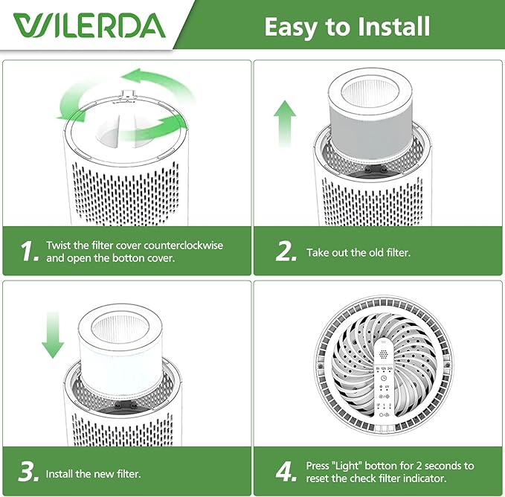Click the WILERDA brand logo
coord(89,25)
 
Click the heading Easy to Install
coord(347,27)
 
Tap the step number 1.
coord(28,251)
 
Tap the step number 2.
coord(286,251)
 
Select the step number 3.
coord(28,472)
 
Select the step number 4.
coord(286,472)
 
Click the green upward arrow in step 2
coord(284,124)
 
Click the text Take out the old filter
coord(358,252)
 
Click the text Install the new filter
coord(93,473)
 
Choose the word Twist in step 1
coord(59,245)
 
